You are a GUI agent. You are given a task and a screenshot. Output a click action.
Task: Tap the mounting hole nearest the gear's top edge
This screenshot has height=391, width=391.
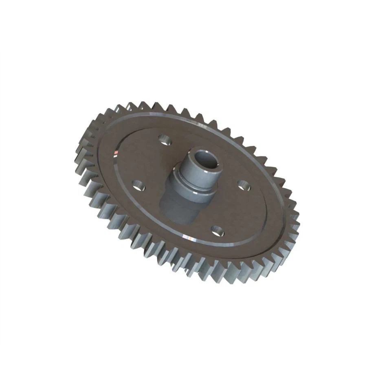click(165, 140)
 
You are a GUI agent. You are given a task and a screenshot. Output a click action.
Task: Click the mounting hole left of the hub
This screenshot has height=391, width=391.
click(139, 185)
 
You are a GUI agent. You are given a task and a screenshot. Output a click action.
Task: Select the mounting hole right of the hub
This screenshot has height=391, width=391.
click(244, 185)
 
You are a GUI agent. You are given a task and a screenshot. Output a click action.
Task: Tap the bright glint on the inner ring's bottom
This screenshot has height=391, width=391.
click(188, 237)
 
